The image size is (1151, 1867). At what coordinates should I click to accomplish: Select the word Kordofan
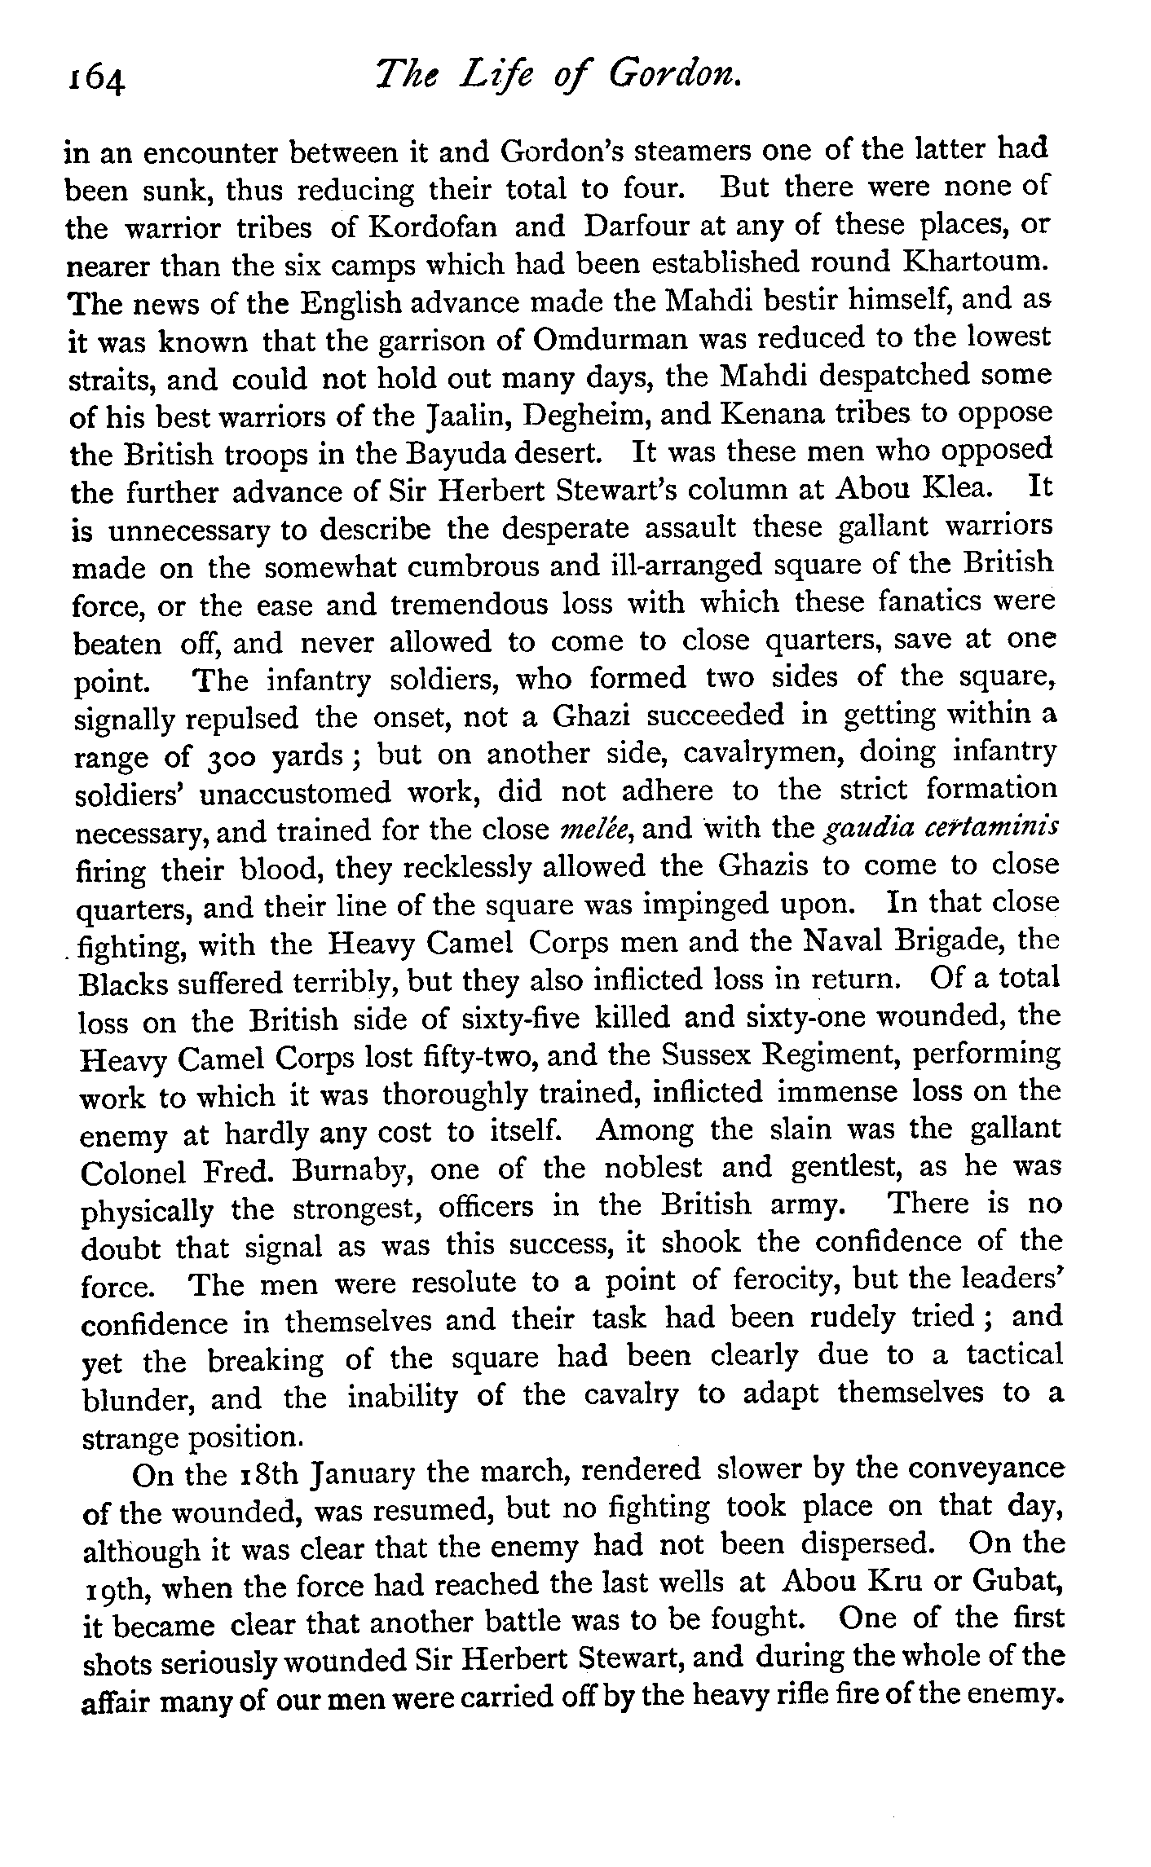pos(433,227)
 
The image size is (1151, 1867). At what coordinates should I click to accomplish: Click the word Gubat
pos(1016,1583)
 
